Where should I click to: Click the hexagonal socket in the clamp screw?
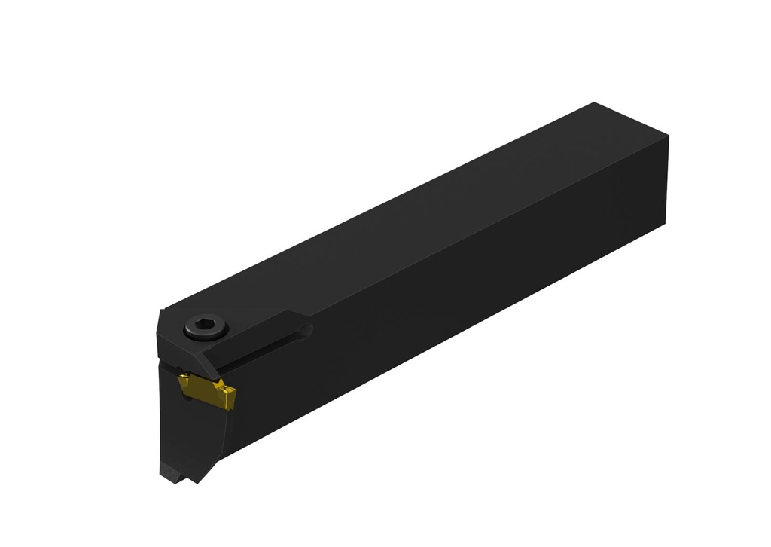pos(205,326)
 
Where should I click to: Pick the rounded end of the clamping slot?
pos(305,329)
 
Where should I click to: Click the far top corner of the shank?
pos(595,103)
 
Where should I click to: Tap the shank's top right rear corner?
pos(668,137)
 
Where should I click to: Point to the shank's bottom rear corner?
pos(666,223)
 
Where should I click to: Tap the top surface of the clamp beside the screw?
pos(248,324)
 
